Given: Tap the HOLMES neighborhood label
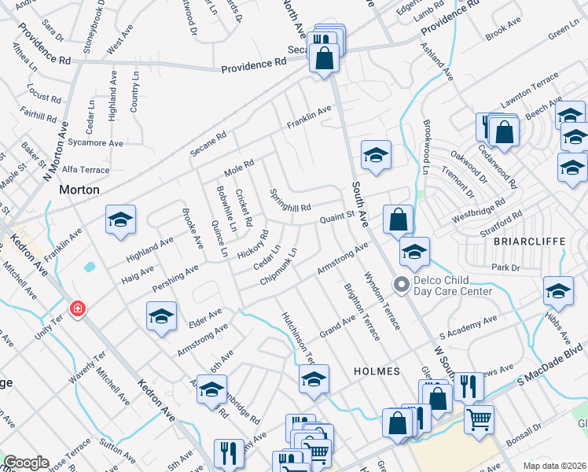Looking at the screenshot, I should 377,371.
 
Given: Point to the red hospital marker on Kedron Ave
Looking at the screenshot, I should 77,309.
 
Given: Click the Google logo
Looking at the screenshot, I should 26,463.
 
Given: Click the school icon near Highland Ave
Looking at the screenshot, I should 120,220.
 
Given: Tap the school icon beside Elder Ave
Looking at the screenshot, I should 161,317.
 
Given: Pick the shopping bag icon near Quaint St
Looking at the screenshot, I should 399,220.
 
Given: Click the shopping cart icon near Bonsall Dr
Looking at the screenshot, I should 479,419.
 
